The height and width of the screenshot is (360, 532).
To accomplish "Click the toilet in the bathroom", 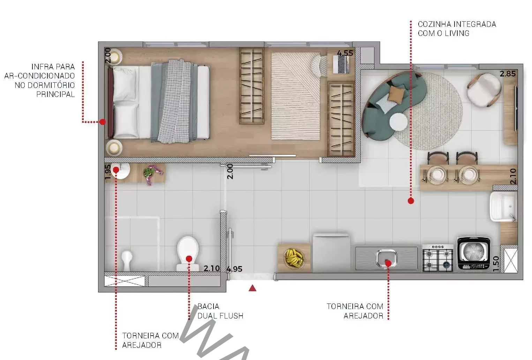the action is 188,253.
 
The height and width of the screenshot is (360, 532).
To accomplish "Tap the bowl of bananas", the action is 294,258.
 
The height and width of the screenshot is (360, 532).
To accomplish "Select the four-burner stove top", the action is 438,258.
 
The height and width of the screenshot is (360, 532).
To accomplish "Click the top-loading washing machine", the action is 474,253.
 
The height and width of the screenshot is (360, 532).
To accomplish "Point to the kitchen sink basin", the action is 387,258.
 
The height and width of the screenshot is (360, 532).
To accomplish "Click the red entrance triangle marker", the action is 253,288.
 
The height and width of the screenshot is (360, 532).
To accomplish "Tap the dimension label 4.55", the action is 345,53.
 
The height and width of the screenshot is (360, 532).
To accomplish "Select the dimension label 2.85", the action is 508,74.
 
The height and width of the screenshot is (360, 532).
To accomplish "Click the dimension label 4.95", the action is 234,269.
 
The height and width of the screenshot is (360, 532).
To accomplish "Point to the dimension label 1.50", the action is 496,264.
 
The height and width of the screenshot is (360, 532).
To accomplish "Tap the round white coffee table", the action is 398,122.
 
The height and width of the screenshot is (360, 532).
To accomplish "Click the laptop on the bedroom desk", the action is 341,64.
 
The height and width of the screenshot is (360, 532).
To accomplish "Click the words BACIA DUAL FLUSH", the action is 220,311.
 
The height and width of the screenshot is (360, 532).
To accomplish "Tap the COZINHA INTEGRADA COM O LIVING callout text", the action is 457,29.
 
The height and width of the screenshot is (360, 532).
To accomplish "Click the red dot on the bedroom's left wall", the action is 102,122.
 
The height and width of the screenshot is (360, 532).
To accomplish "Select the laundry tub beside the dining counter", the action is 503,207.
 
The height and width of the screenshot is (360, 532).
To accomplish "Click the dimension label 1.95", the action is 107,172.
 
